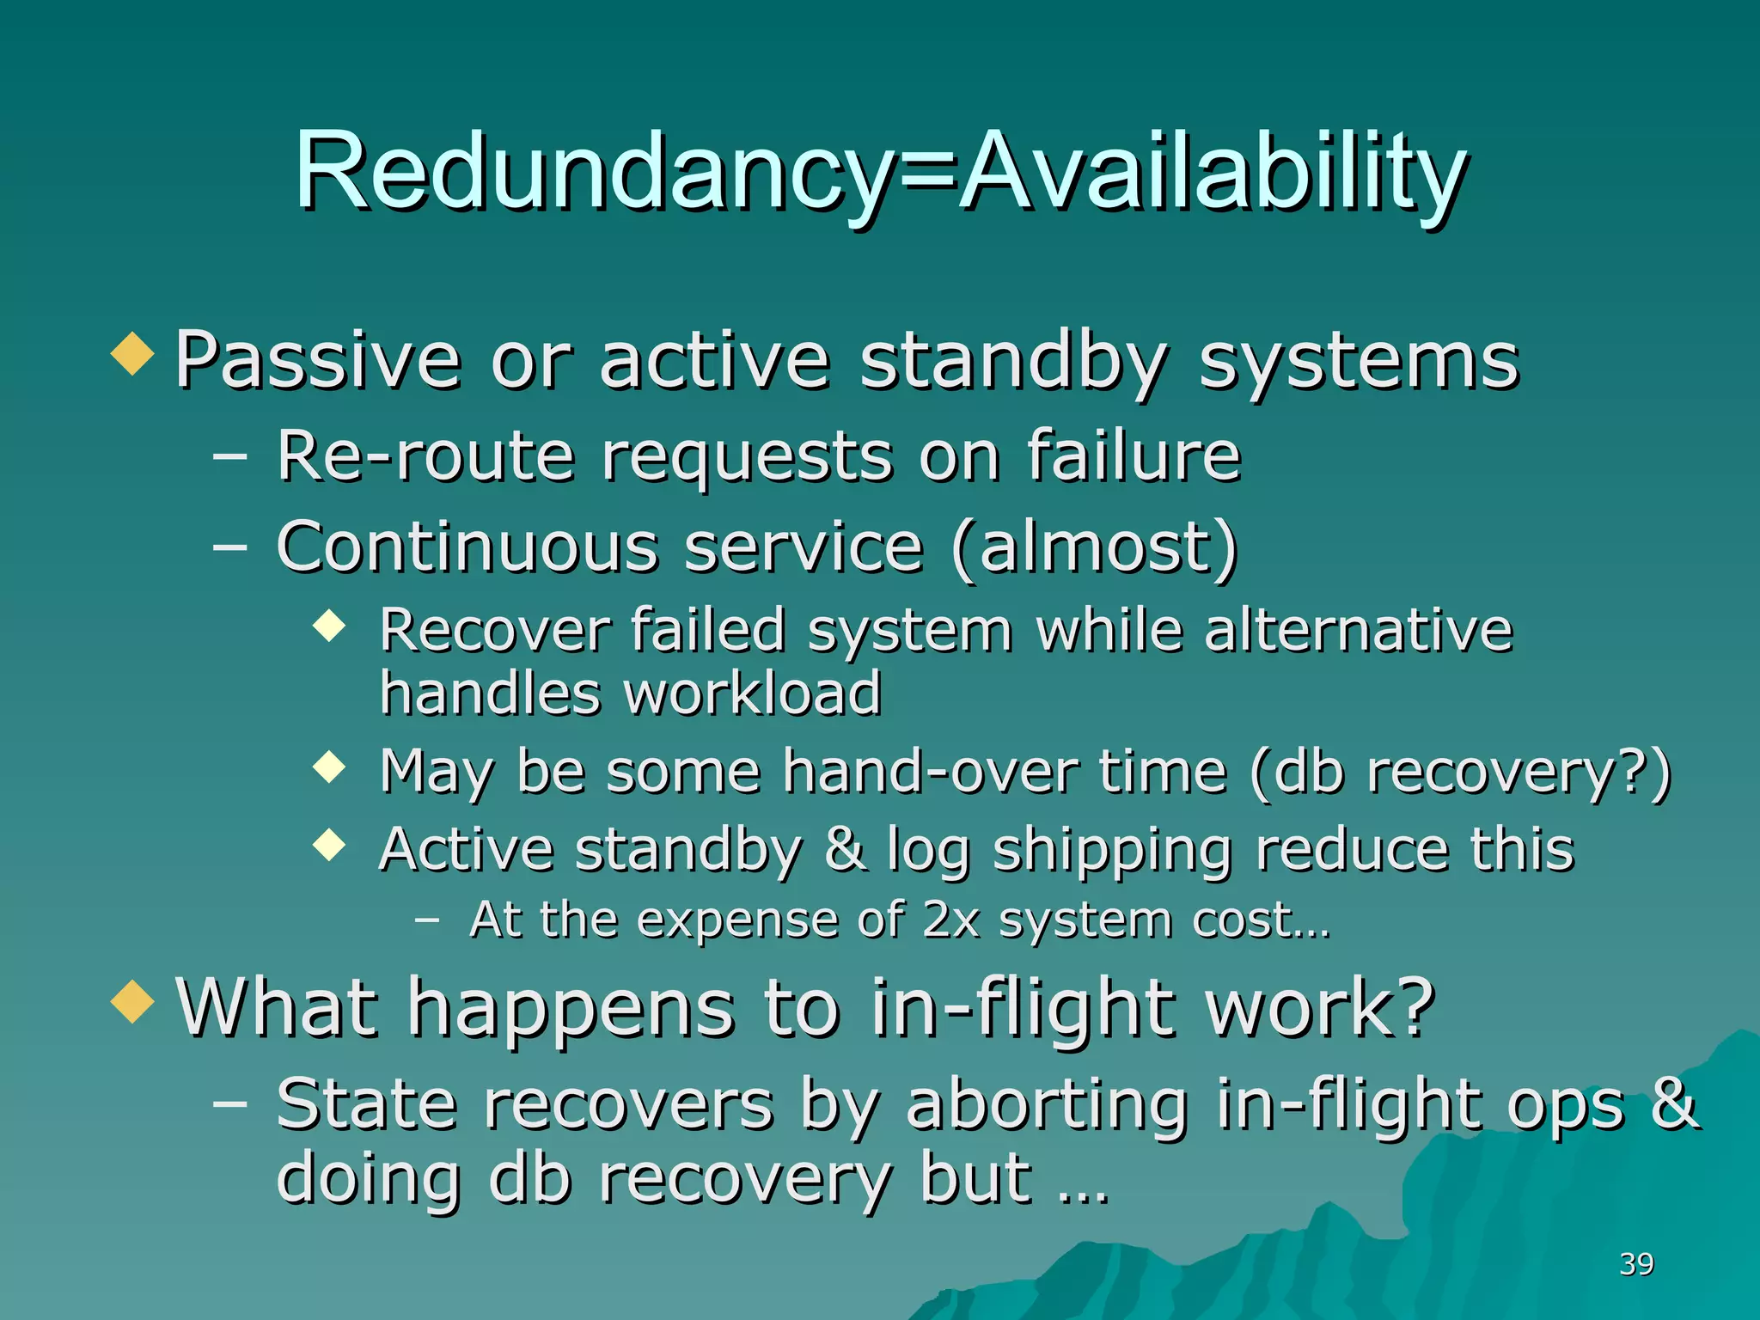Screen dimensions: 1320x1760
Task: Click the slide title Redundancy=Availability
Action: [x=880, y=172]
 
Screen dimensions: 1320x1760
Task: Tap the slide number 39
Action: [x=1636, y=1264]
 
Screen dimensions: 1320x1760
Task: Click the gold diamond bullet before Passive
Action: [x=133, y=353]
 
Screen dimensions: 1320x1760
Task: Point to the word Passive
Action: [x=317, y=361]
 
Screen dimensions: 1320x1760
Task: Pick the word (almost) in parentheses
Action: [x=1095, y=547]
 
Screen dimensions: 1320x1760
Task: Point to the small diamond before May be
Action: [x=329, y=766]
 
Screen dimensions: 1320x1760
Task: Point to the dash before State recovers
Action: [x=229, y=1102]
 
